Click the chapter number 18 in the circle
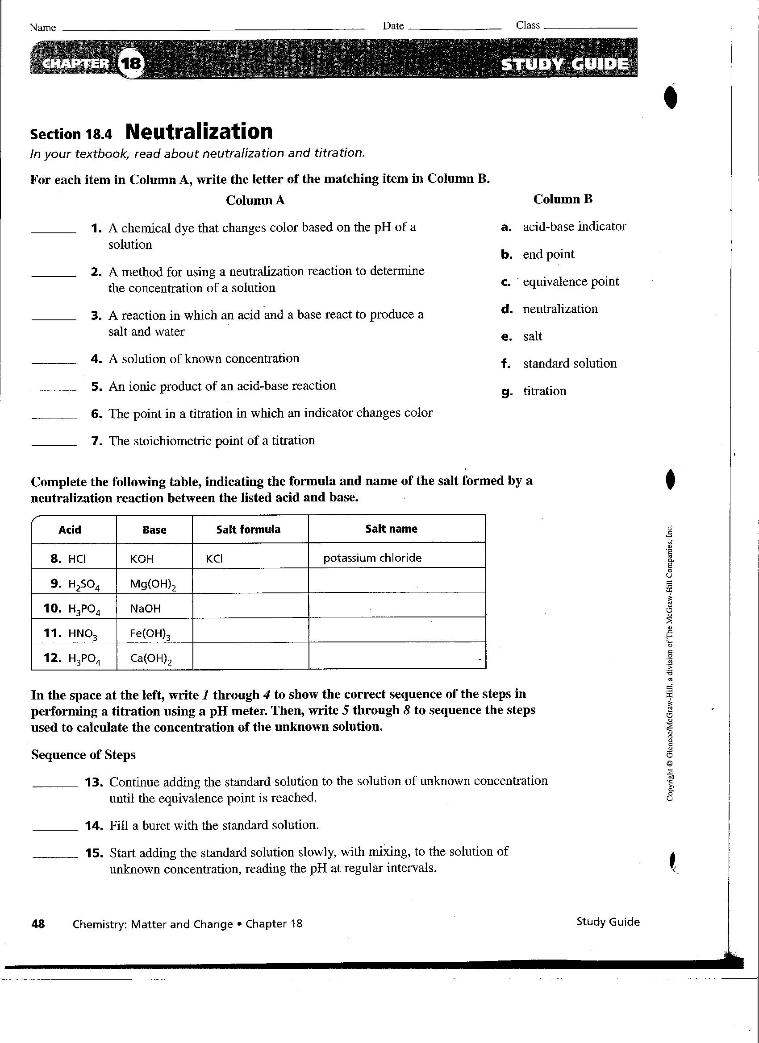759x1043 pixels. pyautogui.click(x=131, y=63)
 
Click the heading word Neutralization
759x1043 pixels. pyautogui.click(x=199, y=131)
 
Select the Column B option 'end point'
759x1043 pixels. pyautogui.click(x=548, y=254)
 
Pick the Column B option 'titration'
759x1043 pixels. pyautogui.click(x=545, y=391)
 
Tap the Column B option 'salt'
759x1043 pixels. pyautogui.click(x=533, y=337)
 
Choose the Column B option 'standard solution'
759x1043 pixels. pyautogui.click(x=569, y=364)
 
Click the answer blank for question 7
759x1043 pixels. pyautogui.click(x=54, y=444)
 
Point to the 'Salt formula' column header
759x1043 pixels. pyautogui.click(x=248, y=530)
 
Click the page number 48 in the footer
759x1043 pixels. pyautogui.click(x=38, y=923)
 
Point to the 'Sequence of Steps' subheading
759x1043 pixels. pyautogui.click(x=83, y=755)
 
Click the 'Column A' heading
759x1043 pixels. pyautogui.click(x=255, y=200)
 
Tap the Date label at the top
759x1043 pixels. pyautogui.click(x=392, y=26)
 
